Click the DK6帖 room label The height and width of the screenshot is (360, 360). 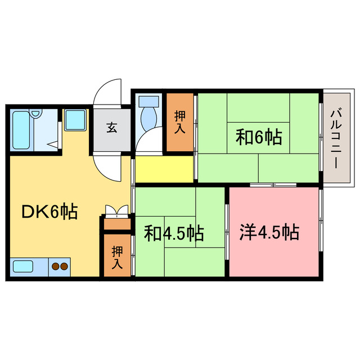click(50, 212)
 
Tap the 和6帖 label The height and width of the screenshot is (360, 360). click(258, 137)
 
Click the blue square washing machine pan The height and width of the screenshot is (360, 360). click(75, 119)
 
